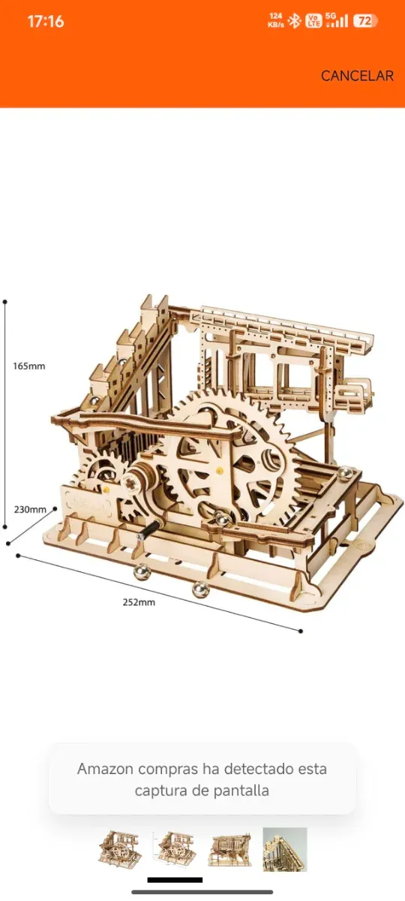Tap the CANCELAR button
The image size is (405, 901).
coord(357,76)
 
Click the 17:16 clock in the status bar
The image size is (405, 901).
coord(46,22)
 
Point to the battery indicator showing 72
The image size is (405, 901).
coord(364,21)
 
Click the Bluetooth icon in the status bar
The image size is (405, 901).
coord(295,20)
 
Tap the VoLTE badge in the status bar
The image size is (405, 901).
coord(314,20)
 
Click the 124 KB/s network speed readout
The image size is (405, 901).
coord(275,20)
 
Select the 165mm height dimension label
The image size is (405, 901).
coord(29,366)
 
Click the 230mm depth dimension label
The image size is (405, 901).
coord(30,509)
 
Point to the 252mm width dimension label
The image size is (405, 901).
coord(139,602)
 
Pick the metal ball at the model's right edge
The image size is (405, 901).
coord(346,474)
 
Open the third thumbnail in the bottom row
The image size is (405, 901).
coord(229,848)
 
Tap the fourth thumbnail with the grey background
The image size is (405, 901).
coord(285,848)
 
